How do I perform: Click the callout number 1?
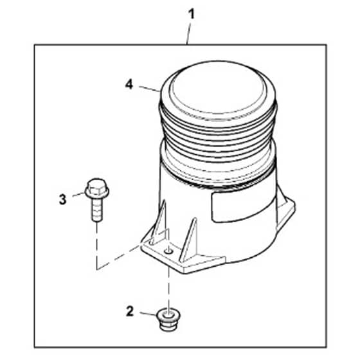192,14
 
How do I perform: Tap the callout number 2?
130,312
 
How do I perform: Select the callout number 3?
63,199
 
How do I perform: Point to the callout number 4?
129,84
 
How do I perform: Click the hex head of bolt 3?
97,189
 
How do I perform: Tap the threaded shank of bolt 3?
97,210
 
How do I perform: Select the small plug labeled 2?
168,320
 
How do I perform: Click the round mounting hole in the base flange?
168,252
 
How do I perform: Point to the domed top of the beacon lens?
218,91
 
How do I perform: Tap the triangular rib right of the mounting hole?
188,240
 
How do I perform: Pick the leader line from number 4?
149,89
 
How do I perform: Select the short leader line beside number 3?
78,194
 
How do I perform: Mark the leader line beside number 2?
148,314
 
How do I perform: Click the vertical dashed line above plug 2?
168,286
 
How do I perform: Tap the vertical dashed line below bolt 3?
97,246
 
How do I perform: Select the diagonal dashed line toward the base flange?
118,257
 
